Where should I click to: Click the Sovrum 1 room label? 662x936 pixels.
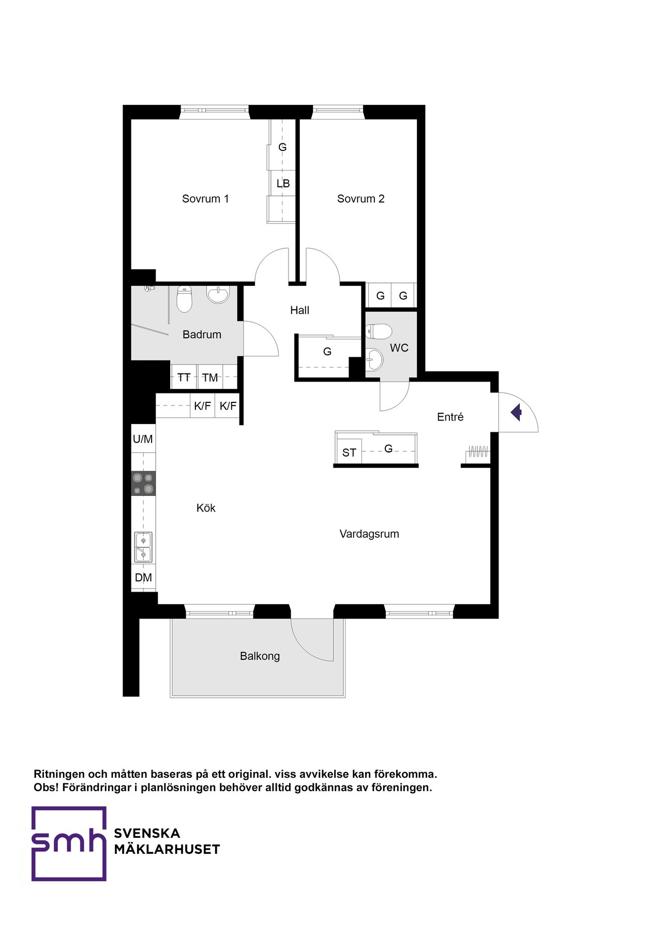click(205, 199)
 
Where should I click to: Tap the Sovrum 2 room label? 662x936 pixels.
click(360, 199)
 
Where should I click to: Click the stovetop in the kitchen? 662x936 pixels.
click(143, 484)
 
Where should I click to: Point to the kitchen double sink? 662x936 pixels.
click(143, 547)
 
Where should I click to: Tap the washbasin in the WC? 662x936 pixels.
click(374, 359)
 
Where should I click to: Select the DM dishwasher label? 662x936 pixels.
click(143, 578)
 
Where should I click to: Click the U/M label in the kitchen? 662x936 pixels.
click(143, 439)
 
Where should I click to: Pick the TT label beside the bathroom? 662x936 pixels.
click(184, 378)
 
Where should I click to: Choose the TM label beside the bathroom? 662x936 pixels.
click(210, 378)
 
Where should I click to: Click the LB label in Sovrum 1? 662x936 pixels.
click(283, 183)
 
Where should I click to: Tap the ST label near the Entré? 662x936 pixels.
click(349, 452)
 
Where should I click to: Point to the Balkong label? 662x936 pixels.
click(260, 656)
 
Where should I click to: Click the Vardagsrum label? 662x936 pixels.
click(369, 534)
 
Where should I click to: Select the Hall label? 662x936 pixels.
click(299, 310)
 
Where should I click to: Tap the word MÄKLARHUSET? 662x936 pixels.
click(167, 850)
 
